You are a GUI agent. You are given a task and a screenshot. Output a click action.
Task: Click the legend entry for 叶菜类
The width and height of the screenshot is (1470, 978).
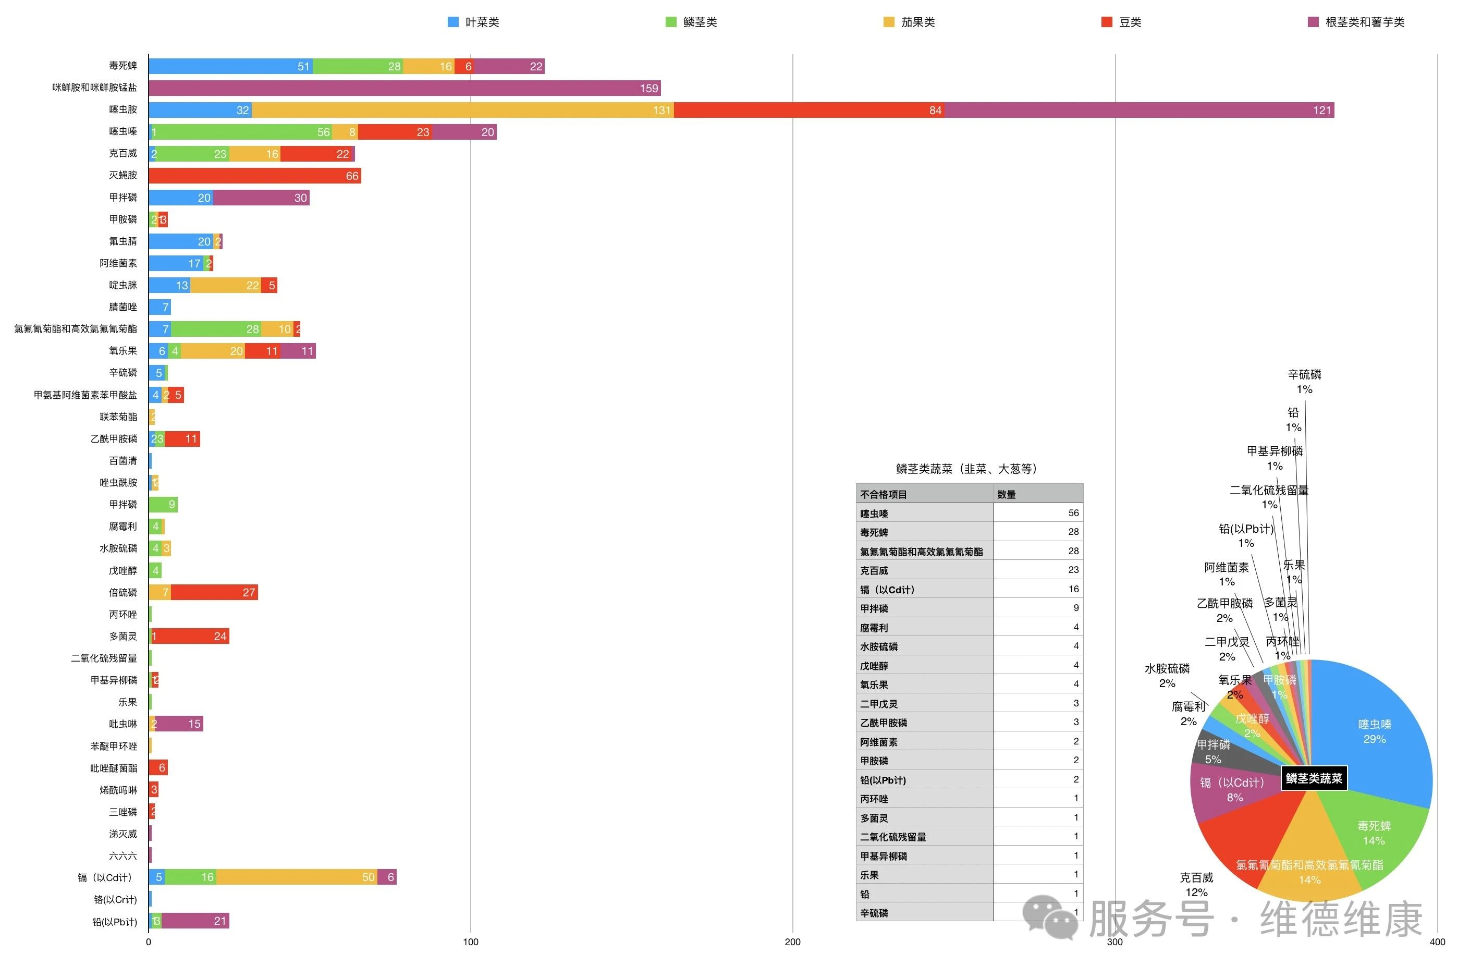tap(473, 22)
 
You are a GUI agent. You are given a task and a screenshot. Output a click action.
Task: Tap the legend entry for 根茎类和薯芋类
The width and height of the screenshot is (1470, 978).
tap(1356, 22)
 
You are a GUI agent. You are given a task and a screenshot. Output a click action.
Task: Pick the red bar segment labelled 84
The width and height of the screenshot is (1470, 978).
tap(808, 111)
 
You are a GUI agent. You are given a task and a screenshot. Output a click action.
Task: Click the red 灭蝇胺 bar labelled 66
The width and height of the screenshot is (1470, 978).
tap(254, 176)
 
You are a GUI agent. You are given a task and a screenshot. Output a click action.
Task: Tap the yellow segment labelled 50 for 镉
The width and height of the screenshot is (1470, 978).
tap(296, 877)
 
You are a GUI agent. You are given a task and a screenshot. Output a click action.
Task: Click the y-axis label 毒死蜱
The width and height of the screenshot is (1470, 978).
tap(123, 66)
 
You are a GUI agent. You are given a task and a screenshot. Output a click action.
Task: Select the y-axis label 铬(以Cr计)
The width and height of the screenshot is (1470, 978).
tap(115, 899)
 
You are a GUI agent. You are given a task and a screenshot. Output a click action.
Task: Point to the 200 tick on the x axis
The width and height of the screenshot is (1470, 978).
tap(792, 943)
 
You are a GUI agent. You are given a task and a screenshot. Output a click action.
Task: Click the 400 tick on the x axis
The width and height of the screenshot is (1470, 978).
tap(1437, 943)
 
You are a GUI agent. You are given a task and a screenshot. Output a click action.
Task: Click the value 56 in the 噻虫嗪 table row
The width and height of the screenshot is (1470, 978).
tap(1073, 512)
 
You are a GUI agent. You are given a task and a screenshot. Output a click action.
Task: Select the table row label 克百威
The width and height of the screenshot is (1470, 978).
tap(874, 571)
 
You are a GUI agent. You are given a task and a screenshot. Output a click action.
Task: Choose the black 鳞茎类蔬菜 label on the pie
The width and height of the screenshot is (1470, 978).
tap(1314, 778)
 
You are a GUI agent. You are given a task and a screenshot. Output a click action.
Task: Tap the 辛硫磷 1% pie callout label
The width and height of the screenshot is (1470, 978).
tap(1304, 381)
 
